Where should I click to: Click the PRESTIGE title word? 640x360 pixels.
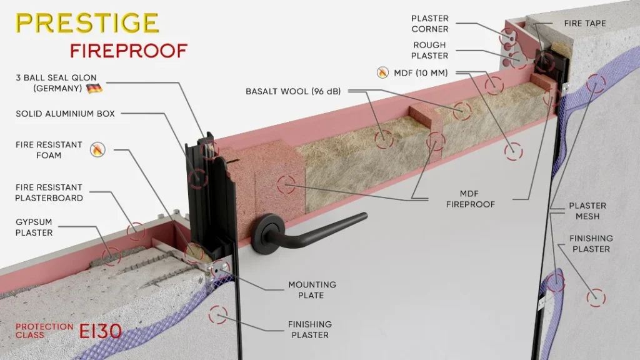[87, 23]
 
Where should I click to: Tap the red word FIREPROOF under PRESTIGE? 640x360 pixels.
[129, 51]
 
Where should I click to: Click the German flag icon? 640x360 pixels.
[94, 88]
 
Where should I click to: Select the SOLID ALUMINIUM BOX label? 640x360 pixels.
[65, 114]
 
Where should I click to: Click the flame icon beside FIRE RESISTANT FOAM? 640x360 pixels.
[97, 149]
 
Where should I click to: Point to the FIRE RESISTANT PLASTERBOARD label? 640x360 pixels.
[49, 192]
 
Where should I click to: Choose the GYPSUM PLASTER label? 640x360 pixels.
[34, 227]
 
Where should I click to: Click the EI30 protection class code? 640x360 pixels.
[101, 331]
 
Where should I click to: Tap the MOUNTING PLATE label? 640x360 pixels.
[312, 290]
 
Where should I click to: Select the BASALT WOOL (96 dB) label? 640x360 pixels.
[293, 91]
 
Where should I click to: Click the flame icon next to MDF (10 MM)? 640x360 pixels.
[382, 72]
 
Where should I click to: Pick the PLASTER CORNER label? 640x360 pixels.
[430, 24]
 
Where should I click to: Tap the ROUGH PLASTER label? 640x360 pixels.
[429, 50]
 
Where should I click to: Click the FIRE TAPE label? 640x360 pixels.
[585, 24]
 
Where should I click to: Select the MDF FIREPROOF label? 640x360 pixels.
[470, 199]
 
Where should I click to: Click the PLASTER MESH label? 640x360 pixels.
[587, 211]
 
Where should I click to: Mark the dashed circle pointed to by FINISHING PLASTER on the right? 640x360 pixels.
[596, 298]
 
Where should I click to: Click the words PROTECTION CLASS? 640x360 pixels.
[44, 331]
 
